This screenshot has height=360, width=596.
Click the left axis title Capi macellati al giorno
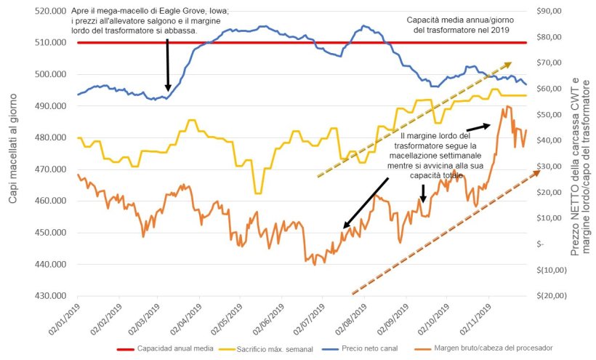point(13,153)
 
